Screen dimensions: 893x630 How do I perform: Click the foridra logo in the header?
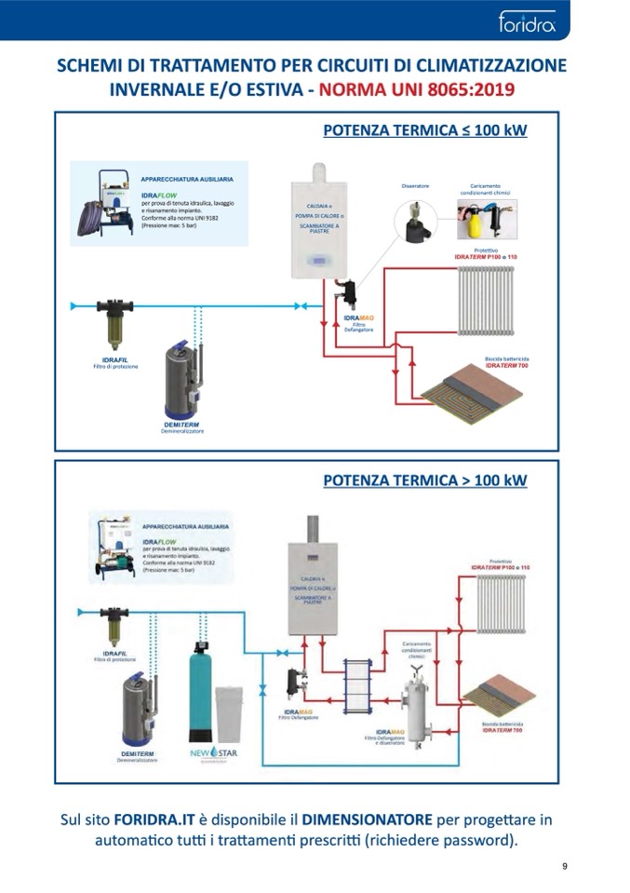527,20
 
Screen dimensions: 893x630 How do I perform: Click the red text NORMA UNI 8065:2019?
416,91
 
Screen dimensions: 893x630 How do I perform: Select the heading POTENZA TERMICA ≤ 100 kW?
424,130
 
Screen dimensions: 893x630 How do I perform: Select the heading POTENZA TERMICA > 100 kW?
424,480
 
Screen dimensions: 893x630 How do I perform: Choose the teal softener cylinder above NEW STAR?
198,692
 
